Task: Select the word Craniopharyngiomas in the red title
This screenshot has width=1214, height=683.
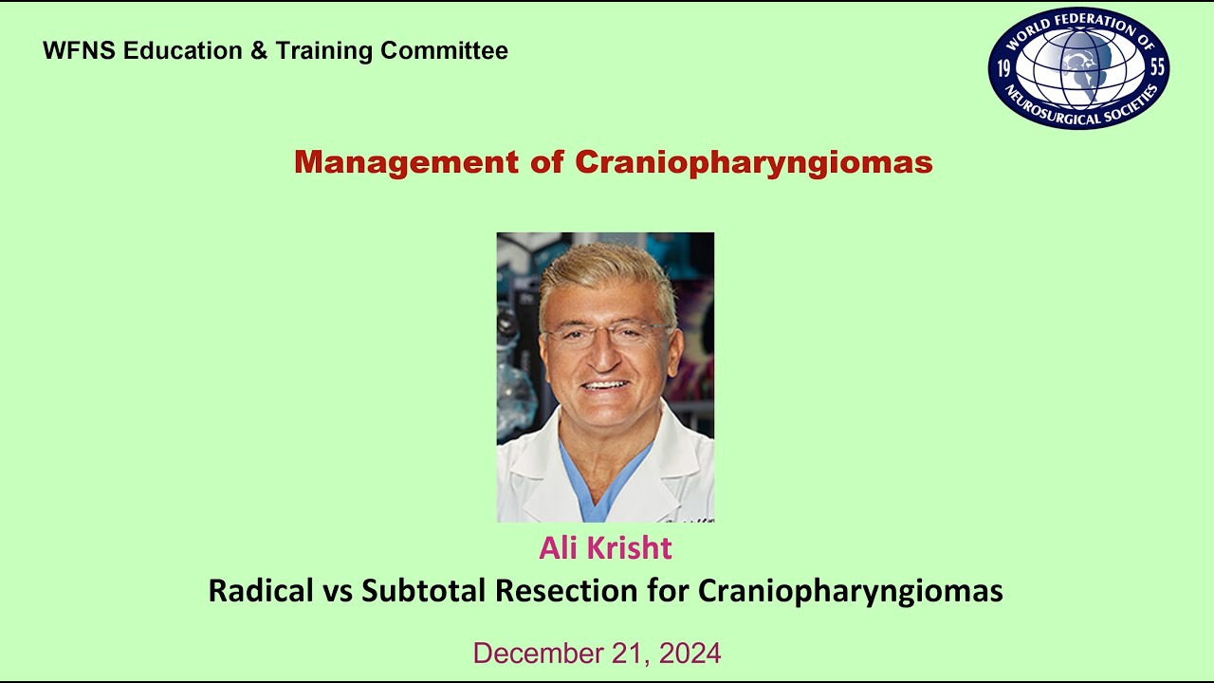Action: coord(754,162)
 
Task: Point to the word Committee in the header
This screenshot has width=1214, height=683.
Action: coord(445,51)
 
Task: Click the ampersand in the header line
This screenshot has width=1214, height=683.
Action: coord(259,51)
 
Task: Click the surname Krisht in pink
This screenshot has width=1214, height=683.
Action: coord(635,548)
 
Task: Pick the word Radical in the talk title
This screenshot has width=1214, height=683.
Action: coord(260,591)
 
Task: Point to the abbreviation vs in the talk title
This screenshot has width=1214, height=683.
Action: coord(336,592)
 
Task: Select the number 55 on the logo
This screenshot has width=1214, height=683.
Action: coord(1156,68)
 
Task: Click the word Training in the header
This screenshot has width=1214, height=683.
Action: coord(325,51)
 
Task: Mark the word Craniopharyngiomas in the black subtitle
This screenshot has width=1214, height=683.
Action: coord(851,591)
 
